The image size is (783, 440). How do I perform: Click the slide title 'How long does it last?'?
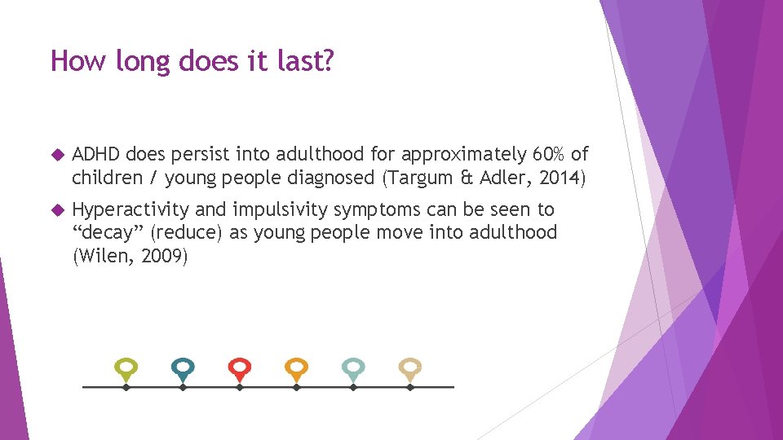[192, 60]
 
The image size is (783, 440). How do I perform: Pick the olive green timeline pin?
[126, 368]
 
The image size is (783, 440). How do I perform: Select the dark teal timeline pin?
[183, 368]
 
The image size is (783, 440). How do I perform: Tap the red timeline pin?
[239, 368]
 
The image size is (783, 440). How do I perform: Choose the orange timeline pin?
[297, 368]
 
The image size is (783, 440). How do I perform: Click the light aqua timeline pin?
[353, 368]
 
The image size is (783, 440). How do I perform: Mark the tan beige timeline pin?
[410, 368]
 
